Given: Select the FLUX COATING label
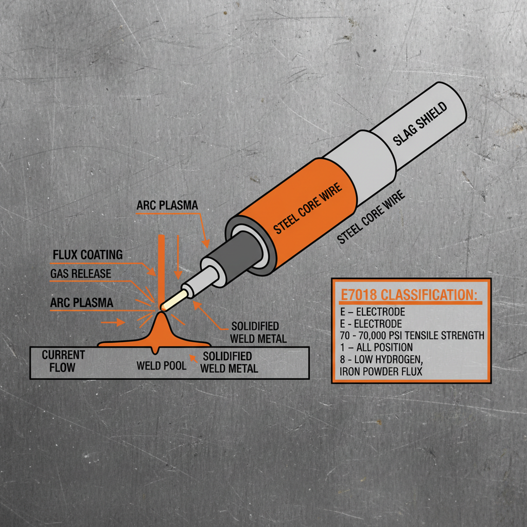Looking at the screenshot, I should pyautogui.click(x=87, y=255).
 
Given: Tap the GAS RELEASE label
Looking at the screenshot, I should pyautogui.click(x=80, y=274).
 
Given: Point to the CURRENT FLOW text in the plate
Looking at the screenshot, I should pyautogui.click(x=63, y=361).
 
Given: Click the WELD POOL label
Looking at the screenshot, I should pyautogui.click(x=161, y=366).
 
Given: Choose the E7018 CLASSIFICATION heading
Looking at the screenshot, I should pyautogui.click(x=409, y=296).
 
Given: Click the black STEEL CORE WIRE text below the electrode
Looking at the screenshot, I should pyautogui.click(x=371, y=216).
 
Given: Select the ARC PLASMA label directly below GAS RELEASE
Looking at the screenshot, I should pyautogui.click(x=81, y=303).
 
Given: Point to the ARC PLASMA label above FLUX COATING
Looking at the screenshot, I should pyautogui.click(x=167, y=205).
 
